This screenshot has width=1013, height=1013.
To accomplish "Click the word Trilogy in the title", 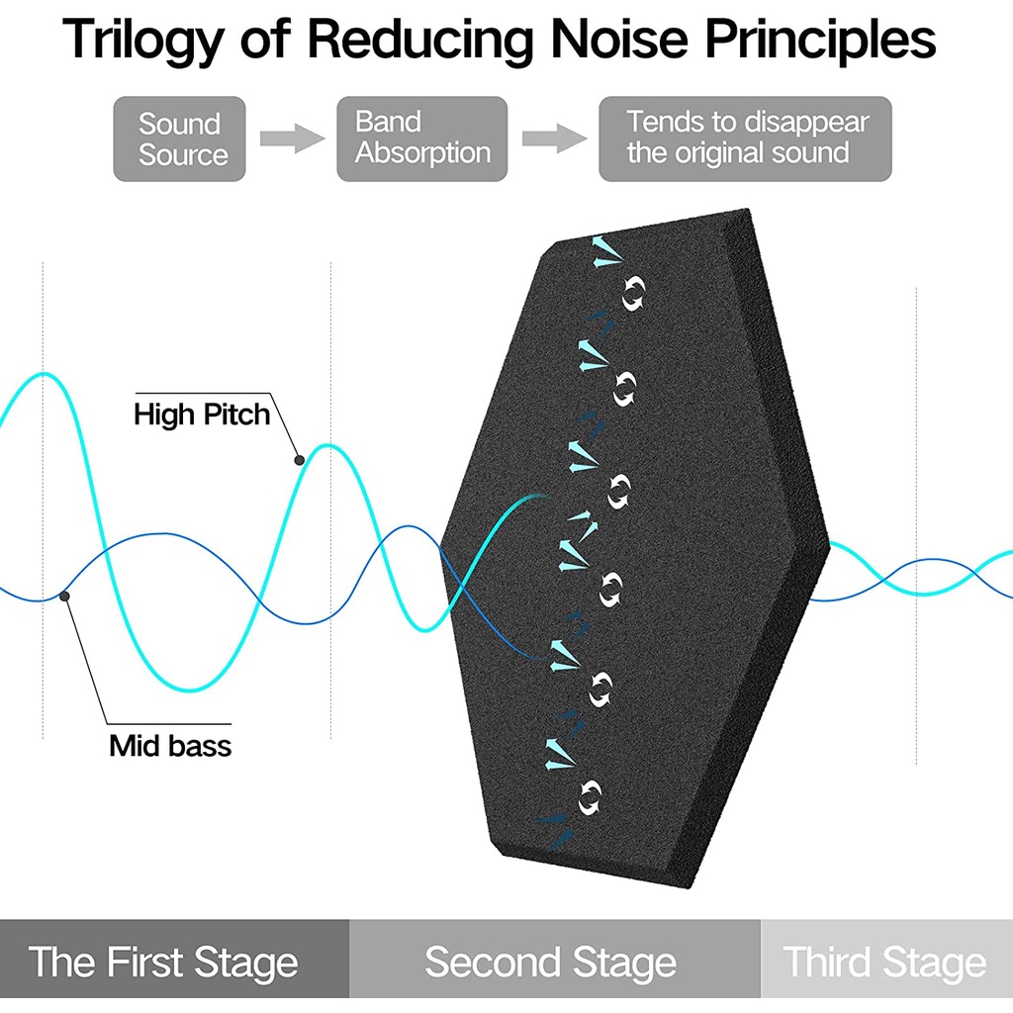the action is click(144, 40).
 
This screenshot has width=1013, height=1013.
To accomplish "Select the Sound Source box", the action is click(180, 138).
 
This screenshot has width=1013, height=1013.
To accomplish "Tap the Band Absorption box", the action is click(421, 138).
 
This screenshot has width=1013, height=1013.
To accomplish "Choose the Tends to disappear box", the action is click(745, 138).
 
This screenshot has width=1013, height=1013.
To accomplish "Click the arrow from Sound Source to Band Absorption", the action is click(292, 138).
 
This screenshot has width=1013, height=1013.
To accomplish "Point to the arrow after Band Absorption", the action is click(554, 138).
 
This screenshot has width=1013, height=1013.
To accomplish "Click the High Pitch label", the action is click(202, 414).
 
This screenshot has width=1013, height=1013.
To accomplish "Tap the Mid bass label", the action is click(170, 746).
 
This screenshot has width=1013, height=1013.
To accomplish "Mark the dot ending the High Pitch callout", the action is click(299, 460).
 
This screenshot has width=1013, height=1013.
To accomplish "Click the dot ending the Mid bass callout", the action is click(64, 596).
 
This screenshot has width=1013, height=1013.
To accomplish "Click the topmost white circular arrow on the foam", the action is click(633, 293).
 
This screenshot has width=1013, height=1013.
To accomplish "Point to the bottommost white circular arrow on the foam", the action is click(590, 796).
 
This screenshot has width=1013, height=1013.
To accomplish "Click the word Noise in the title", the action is click(619, 40).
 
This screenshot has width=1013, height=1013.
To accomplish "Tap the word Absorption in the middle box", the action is click(423, 153).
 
